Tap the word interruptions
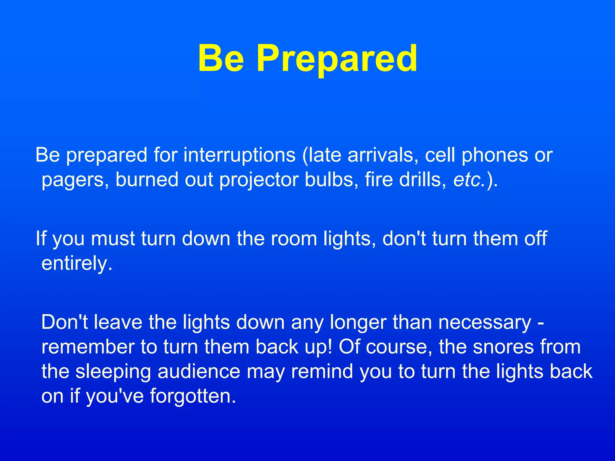[239, 155]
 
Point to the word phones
[495, 155]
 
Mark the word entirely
[77, 264]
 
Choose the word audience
[199, 372]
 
